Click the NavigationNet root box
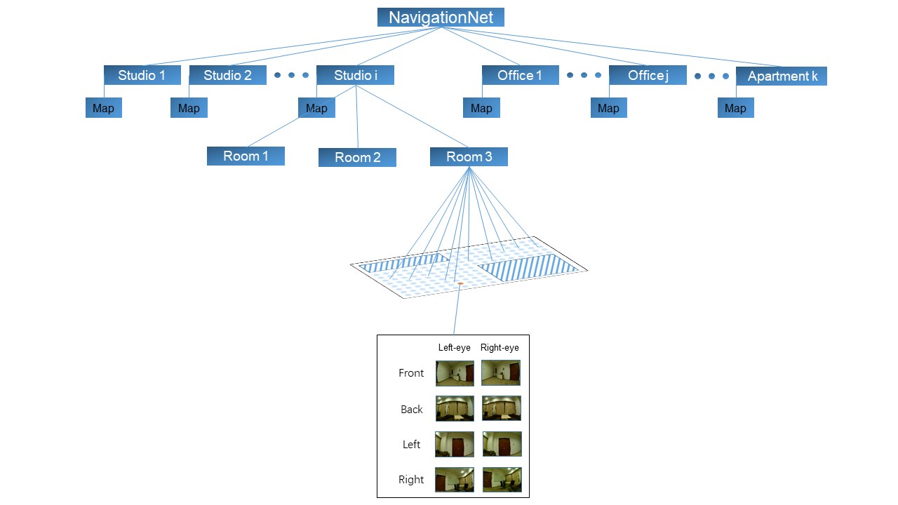[x=441, y=18]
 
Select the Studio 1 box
[x=142, y=75]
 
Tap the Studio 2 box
[x=227, y=75]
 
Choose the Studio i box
[x=355, y=75]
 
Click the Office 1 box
[x=520, y=75]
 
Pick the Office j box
[x=647, y=75]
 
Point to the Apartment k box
[x=782, y=76]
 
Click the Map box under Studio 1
[x=104, y=108]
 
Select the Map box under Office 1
[x=481, y=108]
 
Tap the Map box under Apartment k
[x=735, y=108]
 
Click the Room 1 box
[x=246, y=156]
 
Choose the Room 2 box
[x=357, y=157]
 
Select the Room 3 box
[x=469, y=156]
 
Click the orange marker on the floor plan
[x=460, y=283]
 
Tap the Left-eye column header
[x=454, y=348]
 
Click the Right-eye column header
[x=500, y=348]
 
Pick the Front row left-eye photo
[x=455, y=373]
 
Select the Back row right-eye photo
[x=502, y=408]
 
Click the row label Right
[x=411, y=480]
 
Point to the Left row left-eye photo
[x=455, y=444]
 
